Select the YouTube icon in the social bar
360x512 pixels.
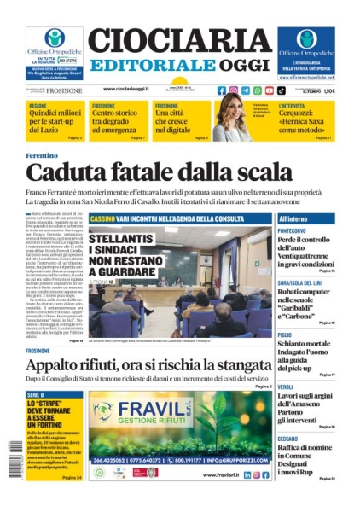269,90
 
